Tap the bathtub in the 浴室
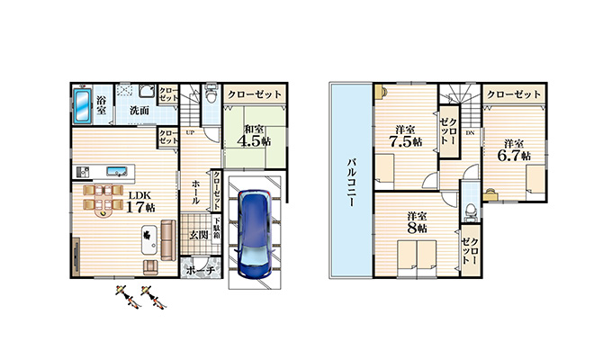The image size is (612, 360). [x=81, y=109]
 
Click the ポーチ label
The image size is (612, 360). [x=200, y=270]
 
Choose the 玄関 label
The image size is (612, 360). [x=199, y=234]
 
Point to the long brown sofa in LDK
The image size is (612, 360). [x=167, y=235]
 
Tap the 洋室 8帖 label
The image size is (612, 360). [x=417, y=221]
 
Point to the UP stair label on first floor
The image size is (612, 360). [x=190, y=132]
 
